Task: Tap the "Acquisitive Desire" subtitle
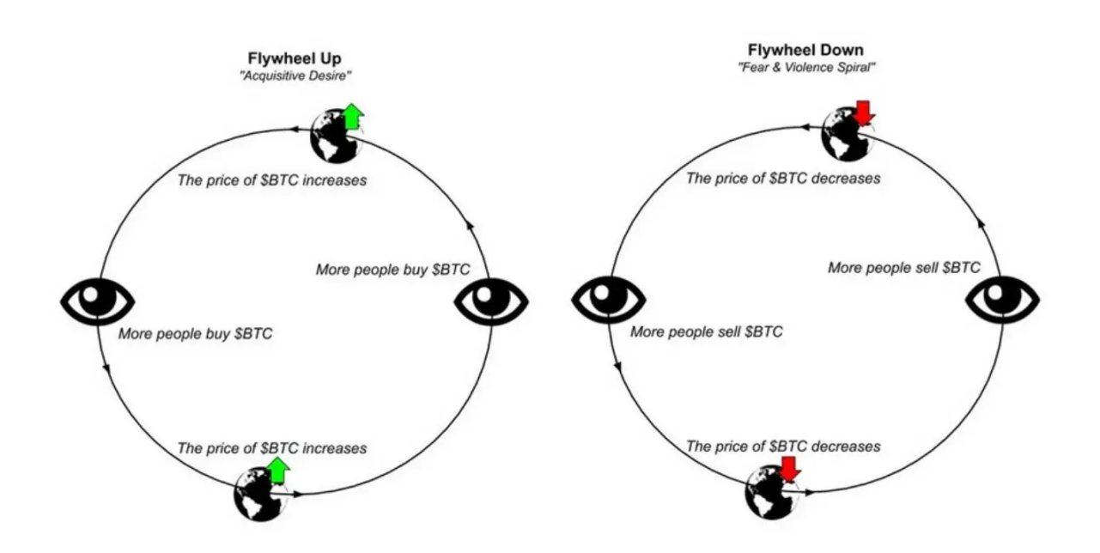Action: [x=296, y=77]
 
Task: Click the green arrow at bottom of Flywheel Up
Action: [x=278, y=470]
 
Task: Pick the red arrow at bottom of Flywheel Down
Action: [x=790, y=469]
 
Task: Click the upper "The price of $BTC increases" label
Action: [x=271, y=181]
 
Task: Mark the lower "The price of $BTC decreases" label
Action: [x=783, y=447]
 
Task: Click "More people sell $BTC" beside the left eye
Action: [x=706, y=331]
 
